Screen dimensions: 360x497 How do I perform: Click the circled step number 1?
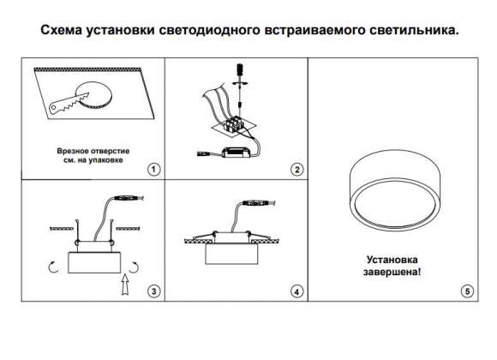click(x=153, y=169)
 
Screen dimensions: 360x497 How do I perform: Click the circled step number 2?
click(x=297, y=169)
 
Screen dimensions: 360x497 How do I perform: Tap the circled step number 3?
click(x=153, y=291)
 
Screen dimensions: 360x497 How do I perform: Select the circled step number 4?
click(x=297, y=291)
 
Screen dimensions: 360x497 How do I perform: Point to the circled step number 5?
click(x=466, y=291)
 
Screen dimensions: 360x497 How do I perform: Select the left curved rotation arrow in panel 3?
click(x=53, y=267)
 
